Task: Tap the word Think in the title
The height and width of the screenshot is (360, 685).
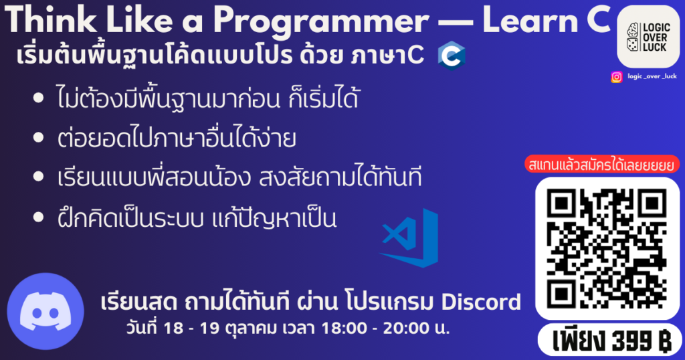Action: coord(51,19)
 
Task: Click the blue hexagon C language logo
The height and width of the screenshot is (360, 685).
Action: coord(452,56)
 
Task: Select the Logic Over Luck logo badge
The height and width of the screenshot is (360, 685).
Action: coord(648,37)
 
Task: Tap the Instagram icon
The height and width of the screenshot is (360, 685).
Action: coord(616,77)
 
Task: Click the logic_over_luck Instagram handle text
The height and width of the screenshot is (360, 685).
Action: coord(652,76)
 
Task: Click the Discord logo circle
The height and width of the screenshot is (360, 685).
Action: coord(45,311)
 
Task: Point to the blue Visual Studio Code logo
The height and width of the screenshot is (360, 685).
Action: coord(409,238)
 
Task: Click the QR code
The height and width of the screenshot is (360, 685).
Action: coord(607,249)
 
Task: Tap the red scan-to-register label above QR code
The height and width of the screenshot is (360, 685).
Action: coord(602,164)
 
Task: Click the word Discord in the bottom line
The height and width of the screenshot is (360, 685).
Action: coord(481,302)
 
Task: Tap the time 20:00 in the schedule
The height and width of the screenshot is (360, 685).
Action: coord(406,328)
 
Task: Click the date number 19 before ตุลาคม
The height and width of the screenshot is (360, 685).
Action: coord(209,328)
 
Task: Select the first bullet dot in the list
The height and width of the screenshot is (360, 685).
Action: coord(38,98)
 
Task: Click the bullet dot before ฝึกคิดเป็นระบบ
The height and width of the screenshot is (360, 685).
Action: coord(38,217)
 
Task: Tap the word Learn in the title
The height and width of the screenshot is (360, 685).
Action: coord(530,19)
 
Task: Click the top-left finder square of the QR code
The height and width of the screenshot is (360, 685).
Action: coord(561,203)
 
